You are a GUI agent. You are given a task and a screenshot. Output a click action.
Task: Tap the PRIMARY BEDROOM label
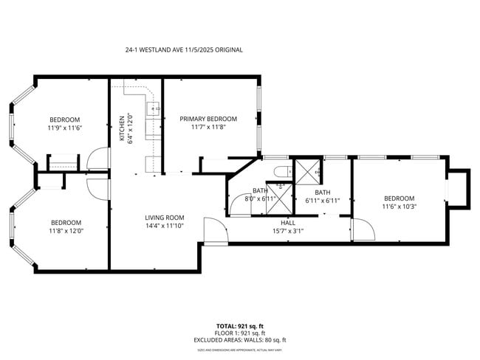coord(208,119)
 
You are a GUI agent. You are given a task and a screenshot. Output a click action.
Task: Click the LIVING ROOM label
coord(164,218)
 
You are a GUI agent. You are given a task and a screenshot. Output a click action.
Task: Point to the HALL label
coord(288,222)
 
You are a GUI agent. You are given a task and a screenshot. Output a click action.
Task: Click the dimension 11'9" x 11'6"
coord(64,128)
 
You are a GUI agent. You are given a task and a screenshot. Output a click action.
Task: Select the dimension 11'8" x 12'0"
coord(65,231)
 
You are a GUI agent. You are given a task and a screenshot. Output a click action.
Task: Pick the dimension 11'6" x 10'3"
coord(399,207)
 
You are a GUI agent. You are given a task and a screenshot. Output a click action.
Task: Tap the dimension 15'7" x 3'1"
coord(288,230)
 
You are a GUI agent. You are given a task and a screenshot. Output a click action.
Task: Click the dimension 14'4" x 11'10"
coord(164,226)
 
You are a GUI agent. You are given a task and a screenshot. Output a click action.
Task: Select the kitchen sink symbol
coord(155,110)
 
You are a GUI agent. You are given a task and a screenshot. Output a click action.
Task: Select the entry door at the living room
coord(214,232)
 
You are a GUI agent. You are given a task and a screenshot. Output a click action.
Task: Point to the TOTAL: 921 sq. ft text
coord(240,325)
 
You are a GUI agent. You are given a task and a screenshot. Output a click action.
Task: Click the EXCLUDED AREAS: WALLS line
coord(240,340)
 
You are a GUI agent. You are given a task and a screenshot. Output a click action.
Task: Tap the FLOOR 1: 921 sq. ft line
coord(240,333)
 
